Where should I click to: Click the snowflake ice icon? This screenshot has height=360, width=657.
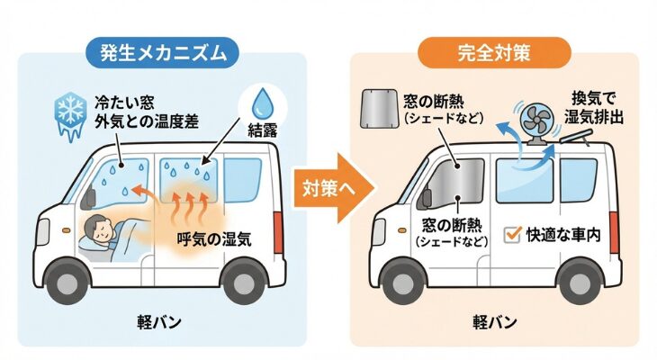(70, 116)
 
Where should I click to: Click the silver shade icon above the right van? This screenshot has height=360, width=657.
(382, 111)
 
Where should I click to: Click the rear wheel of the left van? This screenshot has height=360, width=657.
(243, 282)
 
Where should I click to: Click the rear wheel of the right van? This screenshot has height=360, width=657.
(576, 282)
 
